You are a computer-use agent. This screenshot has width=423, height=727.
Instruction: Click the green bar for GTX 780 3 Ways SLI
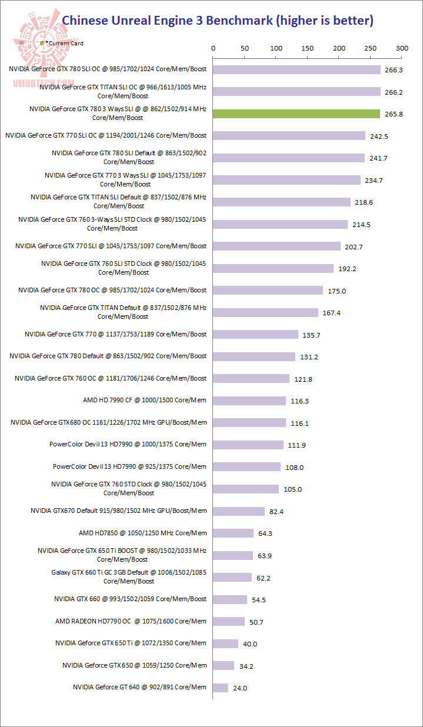click(296, 114)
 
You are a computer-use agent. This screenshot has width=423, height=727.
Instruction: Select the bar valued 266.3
click(297, 69)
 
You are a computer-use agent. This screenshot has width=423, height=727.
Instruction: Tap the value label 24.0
click(240, 688)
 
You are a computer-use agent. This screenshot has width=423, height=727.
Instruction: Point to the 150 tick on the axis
click(307, 48)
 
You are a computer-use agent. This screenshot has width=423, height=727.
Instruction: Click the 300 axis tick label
click(402, 48)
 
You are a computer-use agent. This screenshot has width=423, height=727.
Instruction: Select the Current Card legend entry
click(62, 44)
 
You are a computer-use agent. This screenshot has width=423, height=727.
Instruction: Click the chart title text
click(217, 21)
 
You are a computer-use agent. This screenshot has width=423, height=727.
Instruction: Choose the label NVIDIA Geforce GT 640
click(139, 687)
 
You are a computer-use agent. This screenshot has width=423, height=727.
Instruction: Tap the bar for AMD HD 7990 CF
click(249, 401)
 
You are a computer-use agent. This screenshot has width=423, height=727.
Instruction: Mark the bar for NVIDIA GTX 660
click(230, 599)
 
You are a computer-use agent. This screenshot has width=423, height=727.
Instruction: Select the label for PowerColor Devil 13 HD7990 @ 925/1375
click(129, 466)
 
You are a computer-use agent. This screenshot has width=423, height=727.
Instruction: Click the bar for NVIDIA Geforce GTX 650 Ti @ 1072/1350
click(225, 643)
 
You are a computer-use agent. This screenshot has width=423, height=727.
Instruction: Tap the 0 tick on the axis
click(213, 48)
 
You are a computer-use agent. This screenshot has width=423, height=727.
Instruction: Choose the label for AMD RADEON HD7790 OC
click(131, 621)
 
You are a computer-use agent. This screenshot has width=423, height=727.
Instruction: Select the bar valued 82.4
click(239, 511)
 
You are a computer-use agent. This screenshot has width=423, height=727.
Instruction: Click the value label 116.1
click(299, 423)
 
